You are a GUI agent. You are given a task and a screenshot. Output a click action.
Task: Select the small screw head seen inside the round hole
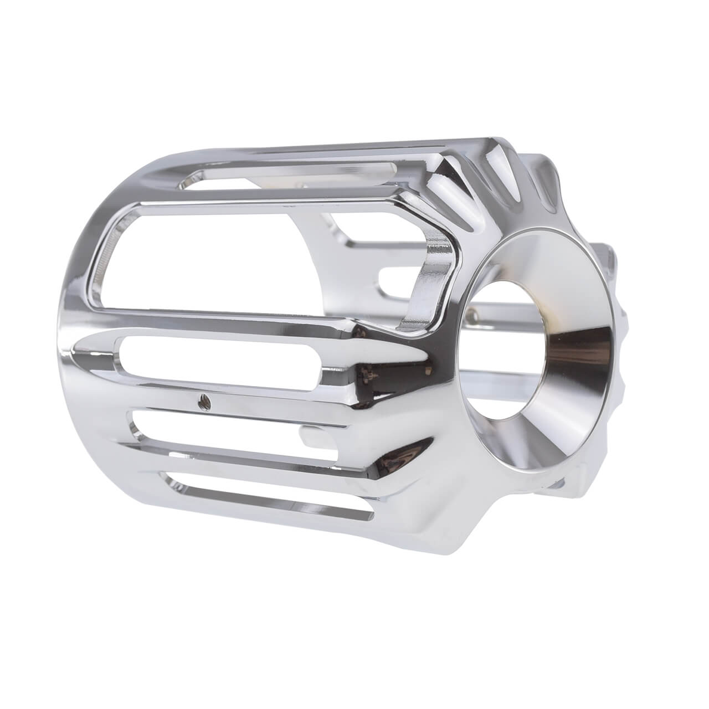[472, 316]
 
